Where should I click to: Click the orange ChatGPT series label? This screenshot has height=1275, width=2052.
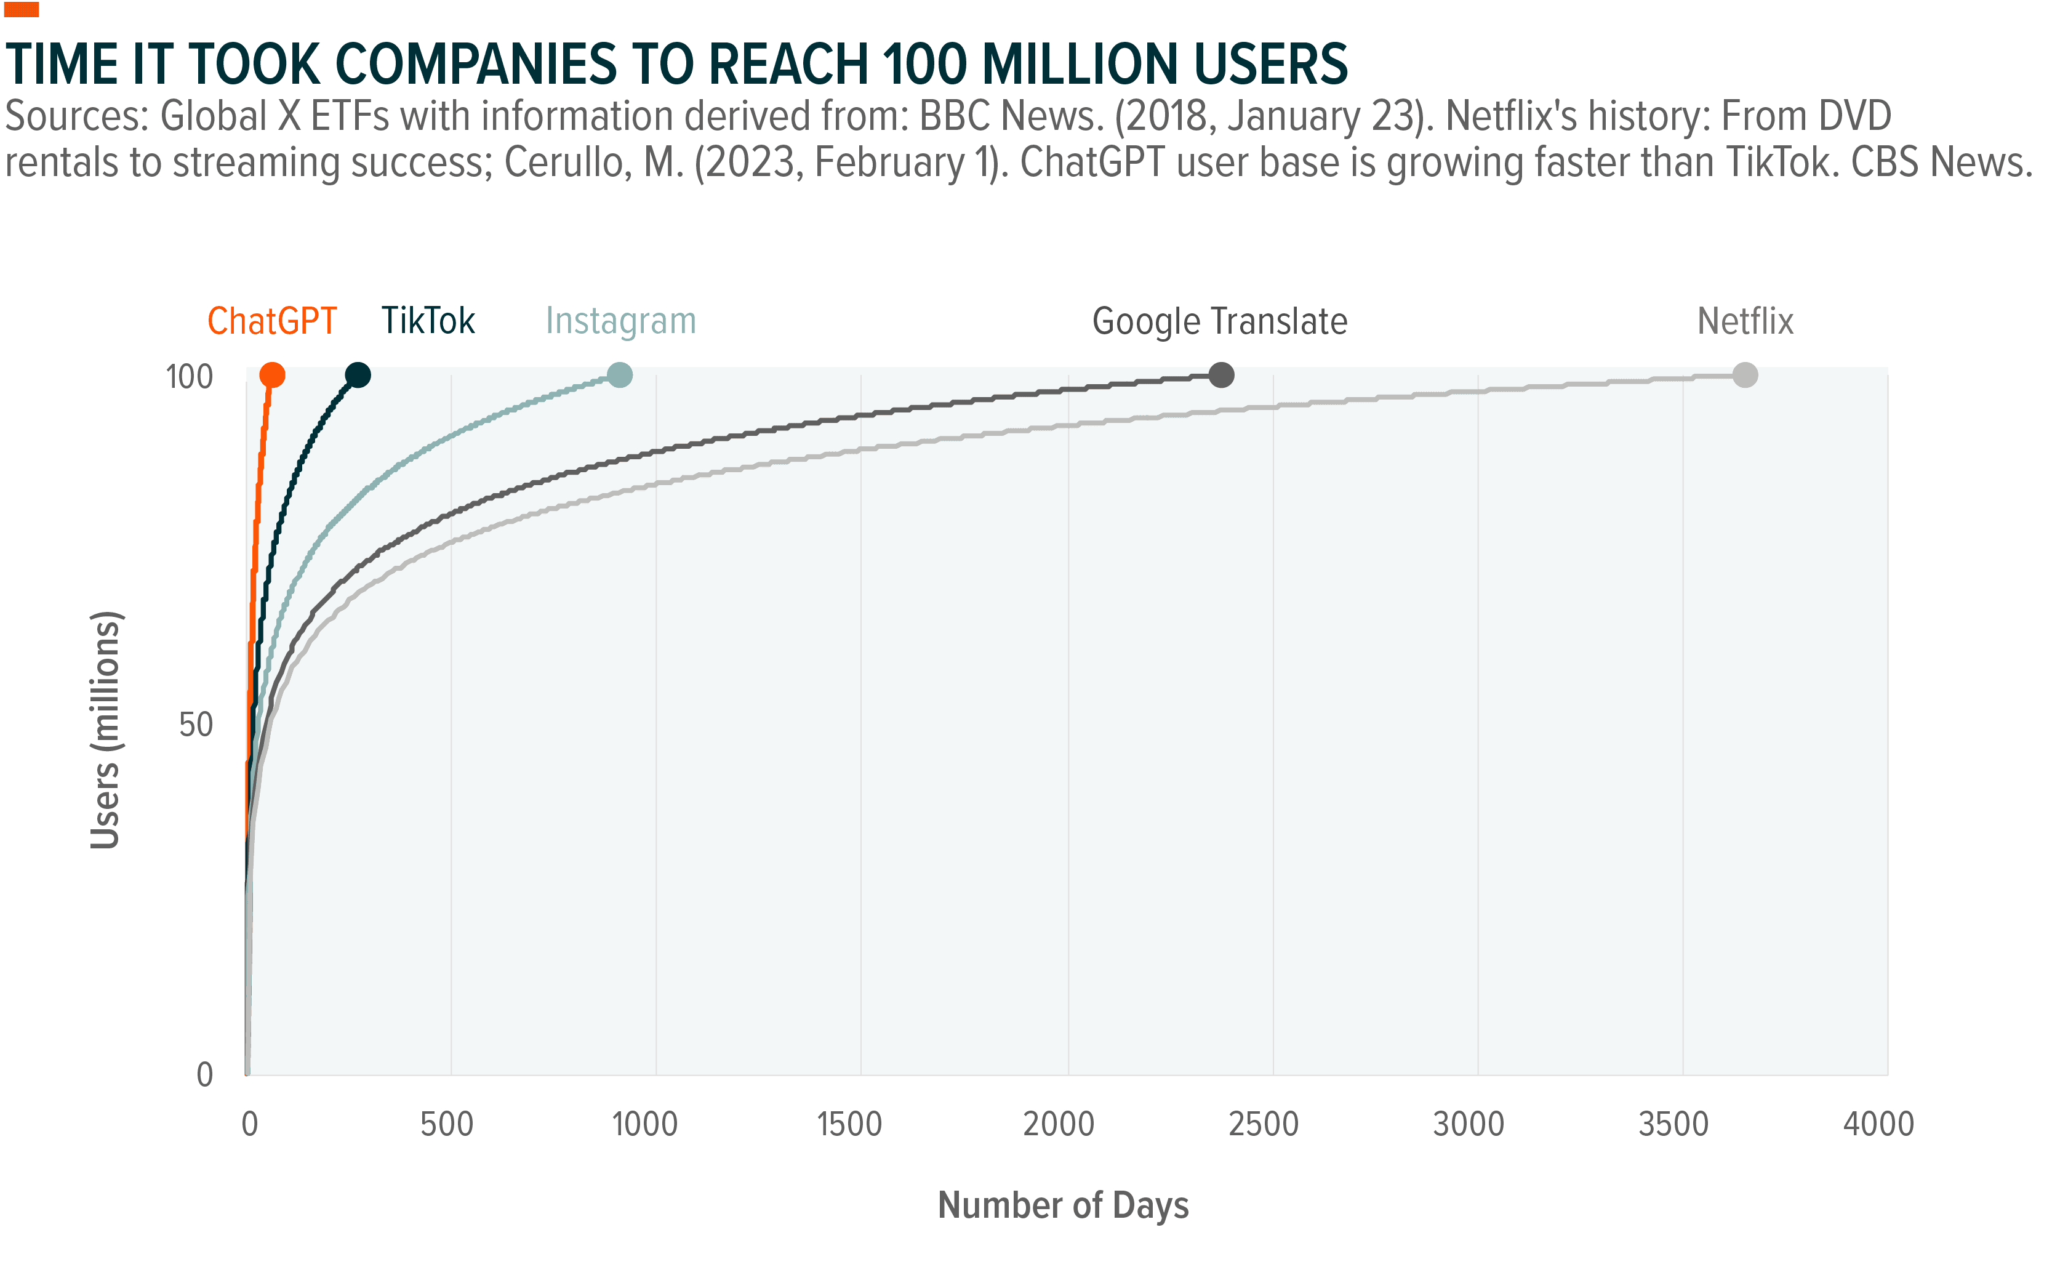(271, 321)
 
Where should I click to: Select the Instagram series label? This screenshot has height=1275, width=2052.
(620, 321)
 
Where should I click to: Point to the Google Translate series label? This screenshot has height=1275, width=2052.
(1219, 321)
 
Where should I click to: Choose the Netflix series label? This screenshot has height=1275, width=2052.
(1745, 321)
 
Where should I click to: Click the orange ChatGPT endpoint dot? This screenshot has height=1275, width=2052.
(272, 376)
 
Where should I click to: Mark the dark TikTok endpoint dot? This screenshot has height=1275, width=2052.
(358, 376)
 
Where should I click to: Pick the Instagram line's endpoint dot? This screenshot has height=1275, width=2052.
(620, 376)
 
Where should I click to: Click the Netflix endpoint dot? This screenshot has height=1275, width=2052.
(1745, 376)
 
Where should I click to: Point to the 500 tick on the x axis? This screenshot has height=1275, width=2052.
(447, 1124)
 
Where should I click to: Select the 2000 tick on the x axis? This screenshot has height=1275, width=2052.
(1059, 1124)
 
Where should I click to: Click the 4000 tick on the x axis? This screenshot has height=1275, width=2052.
(1879, 1124)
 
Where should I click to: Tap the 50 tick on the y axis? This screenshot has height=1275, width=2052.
(196, 725)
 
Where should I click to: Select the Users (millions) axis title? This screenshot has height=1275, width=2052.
(106, 730)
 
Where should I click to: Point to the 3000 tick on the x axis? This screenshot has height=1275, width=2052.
(1469, 1124)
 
